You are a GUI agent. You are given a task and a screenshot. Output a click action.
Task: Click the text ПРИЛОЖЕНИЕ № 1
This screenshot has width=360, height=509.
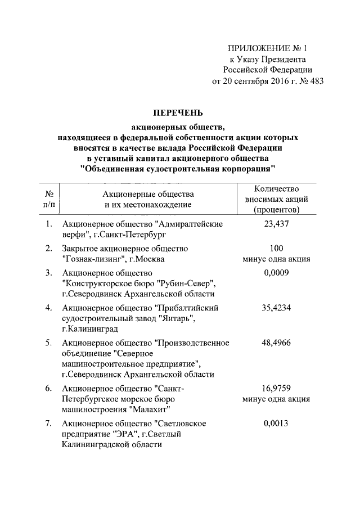pyautogui.click(x=269, y=49)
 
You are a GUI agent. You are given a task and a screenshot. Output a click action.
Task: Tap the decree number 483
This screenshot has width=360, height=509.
pyautogui.click(x=317, y=81)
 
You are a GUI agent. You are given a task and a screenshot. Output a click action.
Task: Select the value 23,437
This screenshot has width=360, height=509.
pyautogui.click(x=276, y=224)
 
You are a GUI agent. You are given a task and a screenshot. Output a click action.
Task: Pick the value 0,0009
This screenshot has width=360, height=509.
pyautogui.click(x=276, y=273)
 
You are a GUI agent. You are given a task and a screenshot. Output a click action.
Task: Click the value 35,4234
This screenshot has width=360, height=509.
pyautogui.click(x=276, y=308)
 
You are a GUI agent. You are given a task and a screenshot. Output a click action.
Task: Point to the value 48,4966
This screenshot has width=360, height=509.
pyautogui.click(x=276, y=343)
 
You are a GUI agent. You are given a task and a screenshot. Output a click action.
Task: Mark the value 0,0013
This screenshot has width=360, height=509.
pyautogui.click(x=276, y=424)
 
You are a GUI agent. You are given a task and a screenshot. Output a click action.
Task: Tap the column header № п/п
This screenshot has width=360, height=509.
pyautogui.click(x=49, y=199)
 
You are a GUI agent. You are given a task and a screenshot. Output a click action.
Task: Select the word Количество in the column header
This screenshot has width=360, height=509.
pyautogui.click(x=276, y=189)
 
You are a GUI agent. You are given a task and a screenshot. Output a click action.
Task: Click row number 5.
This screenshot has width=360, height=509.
pyautogui.click(x=49, y=343)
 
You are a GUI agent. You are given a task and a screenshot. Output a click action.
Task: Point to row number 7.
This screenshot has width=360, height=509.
pyautogui.click(x=49, y=424)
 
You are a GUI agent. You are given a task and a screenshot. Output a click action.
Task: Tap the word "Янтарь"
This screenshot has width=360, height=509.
pyautogui.click(x=175, y=319)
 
